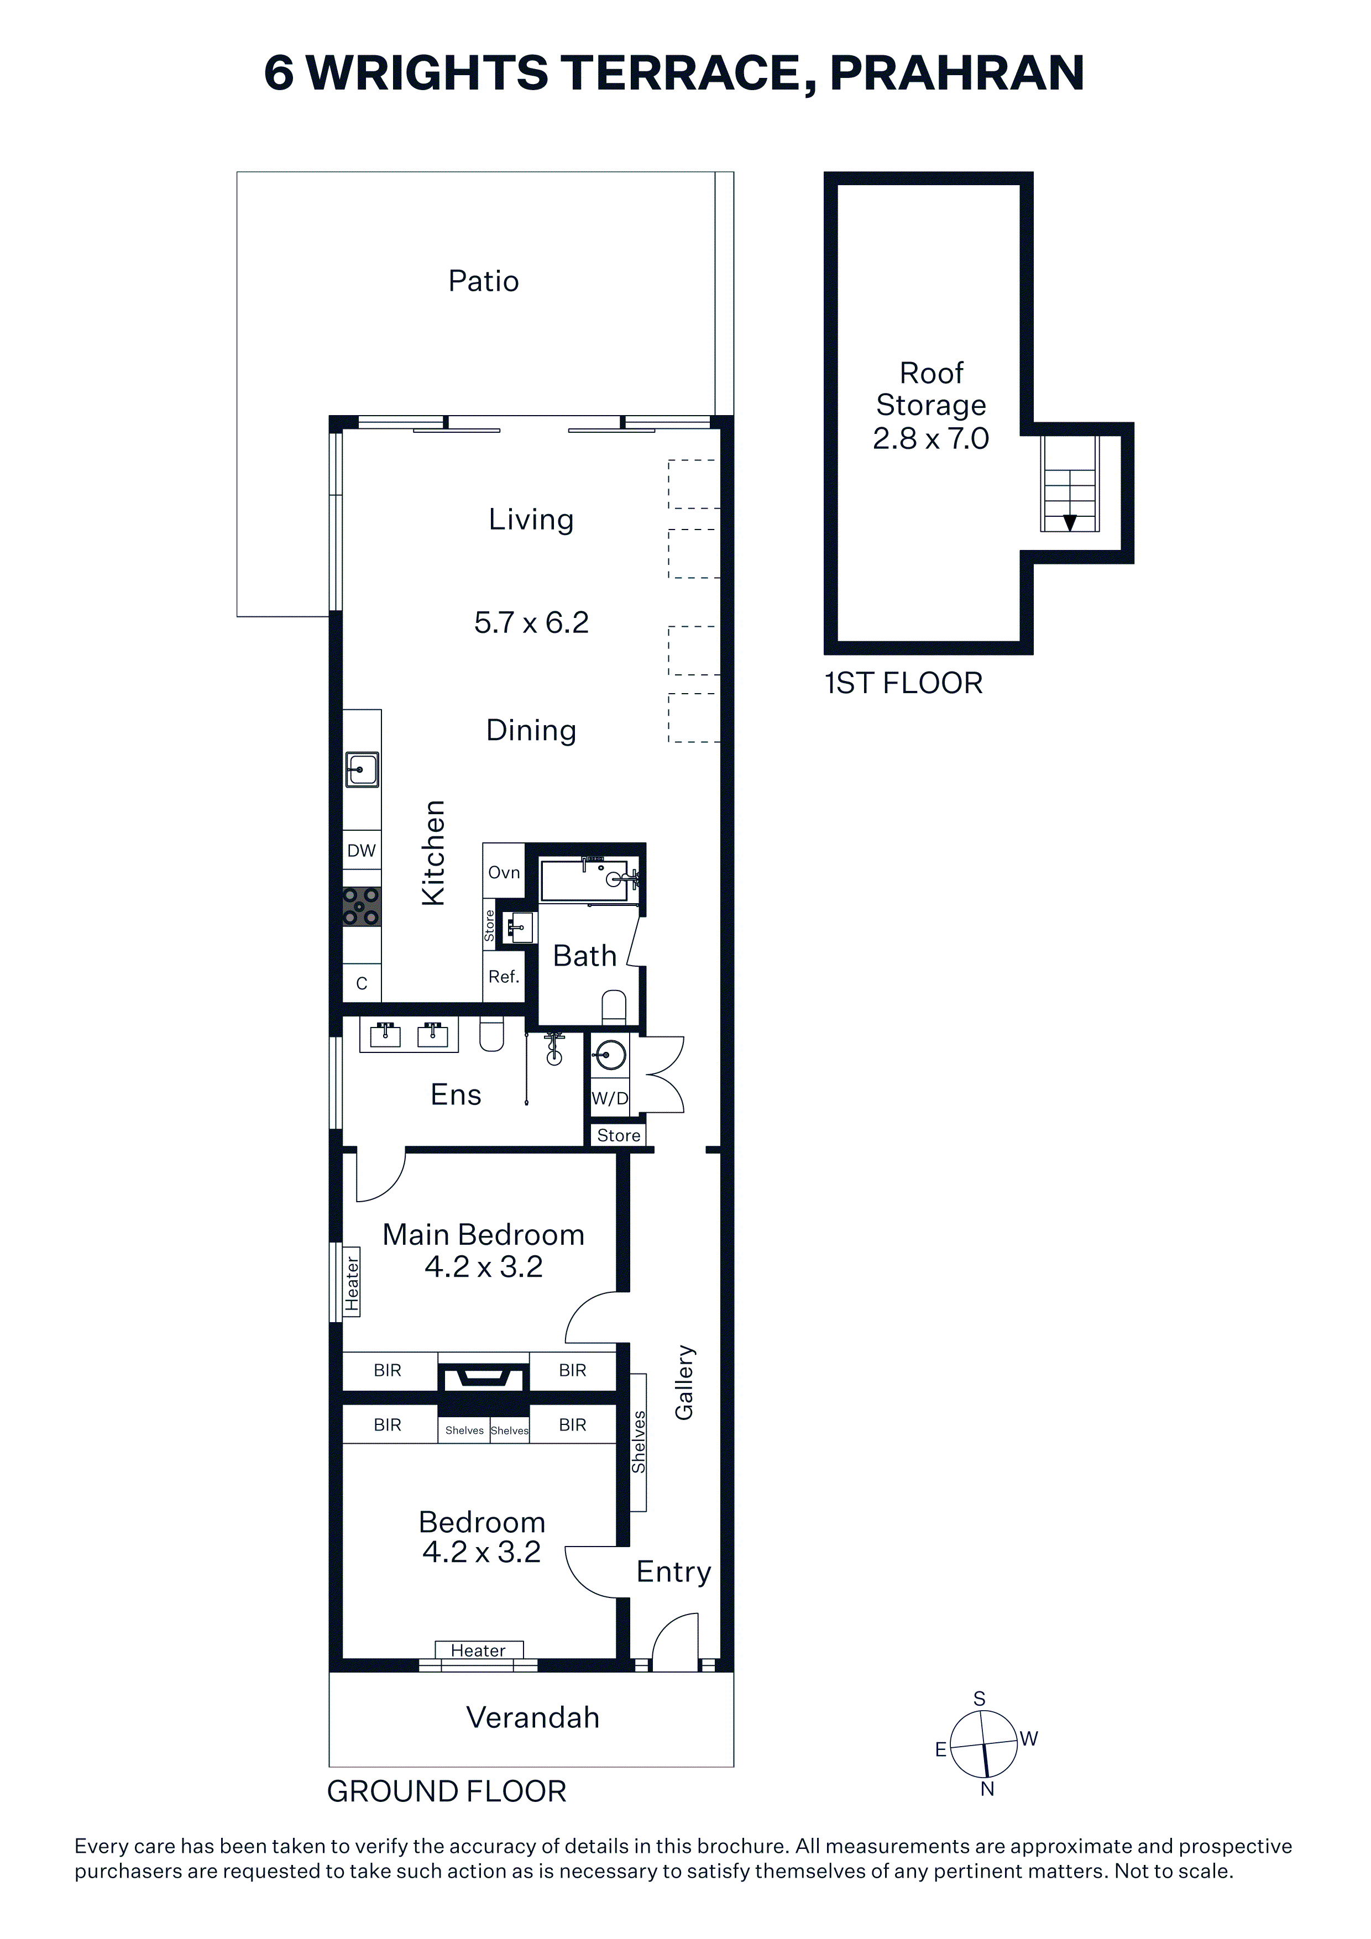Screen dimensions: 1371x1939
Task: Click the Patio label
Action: click(x=483, y=281)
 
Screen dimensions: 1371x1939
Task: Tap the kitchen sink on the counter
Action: click(x=362, y=770)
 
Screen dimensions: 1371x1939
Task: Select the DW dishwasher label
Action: click(x=362, y=851)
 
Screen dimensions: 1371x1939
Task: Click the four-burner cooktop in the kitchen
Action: click(x=362, y=907)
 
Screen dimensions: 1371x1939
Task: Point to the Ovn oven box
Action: click(x=504, y=872)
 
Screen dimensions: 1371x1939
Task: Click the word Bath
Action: click(x=584, y=956)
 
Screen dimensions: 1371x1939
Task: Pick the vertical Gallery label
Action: click(x=684, y=1382)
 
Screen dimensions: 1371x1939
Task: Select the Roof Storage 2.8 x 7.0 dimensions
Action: click(x=931, y=438)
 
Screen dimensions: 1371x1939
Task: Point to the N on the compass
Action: click(x=987, y=1789)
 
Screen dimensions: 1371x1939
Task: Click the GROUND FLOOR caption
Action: click(x=447, y=1791)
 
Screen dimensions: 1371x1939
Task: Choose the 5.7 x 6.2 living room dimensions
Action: click(x=531, y=622)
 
